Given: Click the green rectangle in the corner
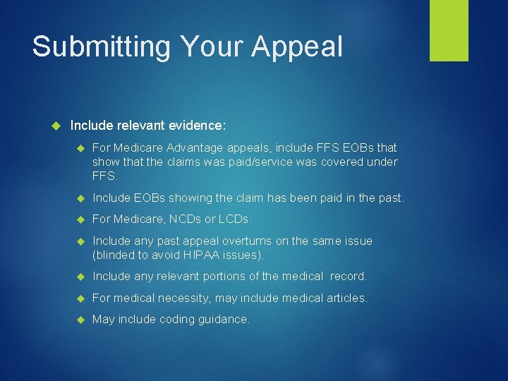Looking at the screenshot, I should pos(449,30).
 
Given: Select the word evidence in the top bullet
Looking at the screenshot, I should pos(198,126).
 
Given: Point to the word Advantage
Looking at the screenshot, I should pos(192,147).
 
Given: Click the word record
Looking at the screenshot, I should pos(347,277).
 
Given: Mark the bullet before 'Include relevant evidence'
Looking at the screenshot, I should pos(58,126).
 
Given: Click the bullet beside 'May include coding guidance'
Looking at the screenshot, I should pos(80,320).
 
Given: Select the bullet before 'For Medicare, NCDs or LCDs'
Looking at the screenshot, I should pos(80,219).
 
